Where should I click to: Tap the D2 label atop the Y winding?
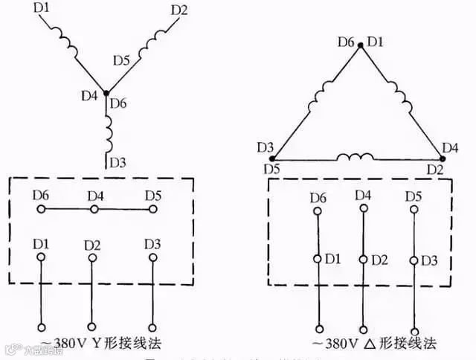[179, 10]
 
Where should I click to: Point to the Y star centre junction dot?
[106, 94]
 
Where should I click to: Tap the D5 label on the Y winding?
[122, 59]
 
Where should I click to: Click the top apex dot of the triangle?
[361, 45]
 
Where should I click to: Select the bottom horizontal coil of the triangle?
[356, 158]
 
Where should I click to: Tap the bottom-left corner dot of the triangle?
[272, 158]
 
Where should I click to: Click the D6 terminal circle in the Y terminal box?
[42, 210]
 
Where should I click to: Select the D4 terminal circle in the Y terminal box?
[94, 210]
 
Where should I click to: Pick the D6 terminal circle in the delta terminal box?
[318, 212]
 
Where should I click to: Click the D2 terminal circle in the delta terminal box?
[364, 260]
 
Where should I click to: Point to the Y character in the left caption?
[97, 343]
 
